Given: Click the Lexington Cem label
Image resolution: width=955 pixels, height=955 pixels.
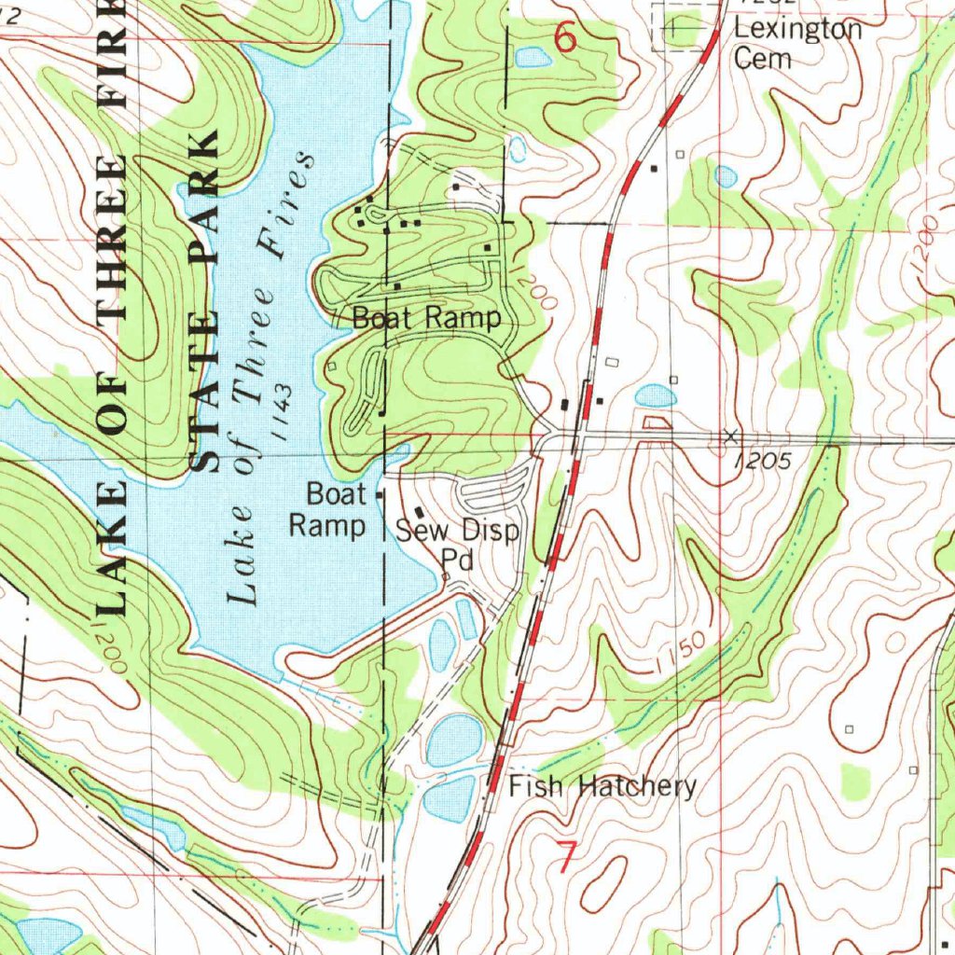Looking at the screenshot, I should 796,43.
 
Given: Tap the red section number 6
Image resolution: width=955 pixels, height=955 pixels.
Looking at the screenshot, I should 565,37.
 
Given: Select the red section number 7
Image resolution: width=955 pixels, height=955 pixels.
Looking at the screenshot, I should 565,857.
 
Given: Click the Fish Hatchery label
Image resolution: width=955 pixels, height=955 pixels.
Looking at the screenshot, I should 602,786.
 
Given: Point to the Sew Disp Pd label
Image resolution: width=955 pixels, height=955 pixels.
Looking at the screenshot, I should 457,545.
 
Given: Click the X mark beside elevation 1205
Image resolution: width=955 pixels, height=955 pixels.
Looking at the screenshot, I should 731,436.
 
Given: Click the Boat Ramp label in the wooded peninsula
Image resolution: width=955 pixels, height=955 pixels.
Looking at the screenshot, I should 426,318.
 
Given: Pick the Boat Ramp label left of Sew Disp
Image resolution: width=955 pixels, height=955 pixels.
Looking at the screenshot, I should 326,509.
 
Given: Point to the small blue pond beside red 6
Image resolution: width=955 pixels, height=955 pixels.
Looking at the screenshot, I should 533,58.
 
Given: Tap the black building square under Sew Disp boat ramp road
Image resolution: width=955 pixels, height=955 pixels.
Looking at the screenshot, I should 419,512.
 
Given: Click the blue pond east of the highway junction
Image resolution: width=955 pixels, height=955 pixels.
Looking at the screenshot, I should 656,395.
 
